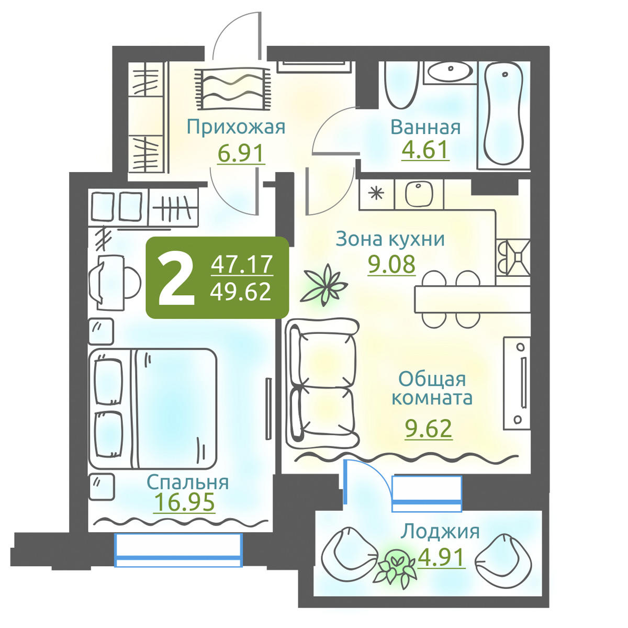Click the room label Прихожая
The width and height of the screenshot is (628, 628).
(236, 127)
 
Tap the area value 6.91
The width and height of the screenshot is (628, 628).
(241, 153)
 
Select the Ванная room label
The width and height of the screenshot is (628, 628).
(425, 127)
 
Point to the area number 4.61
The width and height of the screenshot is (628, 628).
(425, 150)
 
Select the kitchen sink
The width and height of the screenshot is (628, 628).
(419, 195)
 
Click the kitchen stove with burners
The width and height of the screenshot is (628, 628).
(513, 257)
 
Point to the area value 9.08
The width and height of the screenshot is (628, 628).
(392, 264)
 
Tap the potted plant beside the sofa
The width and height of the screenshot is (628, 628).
(323, 285)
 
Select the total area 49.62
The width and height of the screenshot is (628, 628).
(241, 291)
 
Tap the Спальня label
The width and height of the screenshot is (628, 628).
(188, 483)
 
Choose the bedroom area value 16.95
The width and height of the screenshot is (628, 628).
(184, 502)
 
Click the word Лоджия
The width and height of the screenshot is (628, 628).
(440, 532)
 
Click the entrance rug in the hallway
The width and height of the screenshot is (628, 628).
(232, 88)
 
